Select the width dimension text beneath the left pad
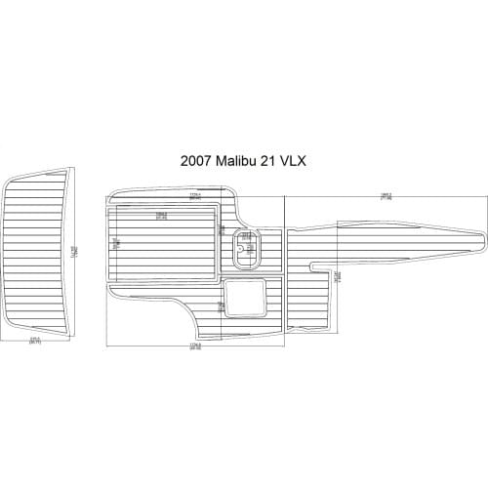pyautogui.click(x=35, y=342)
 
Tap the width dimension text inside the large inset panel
pyautogui.click(x=160, y=215)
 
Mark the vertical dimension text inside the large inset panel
pyautogui.click(x=115, y=244)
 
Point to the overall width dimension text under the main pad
pyautogui.click(x=194, y=346)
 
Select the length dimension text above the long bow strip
pyautogui.click(x=386, y=196)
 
